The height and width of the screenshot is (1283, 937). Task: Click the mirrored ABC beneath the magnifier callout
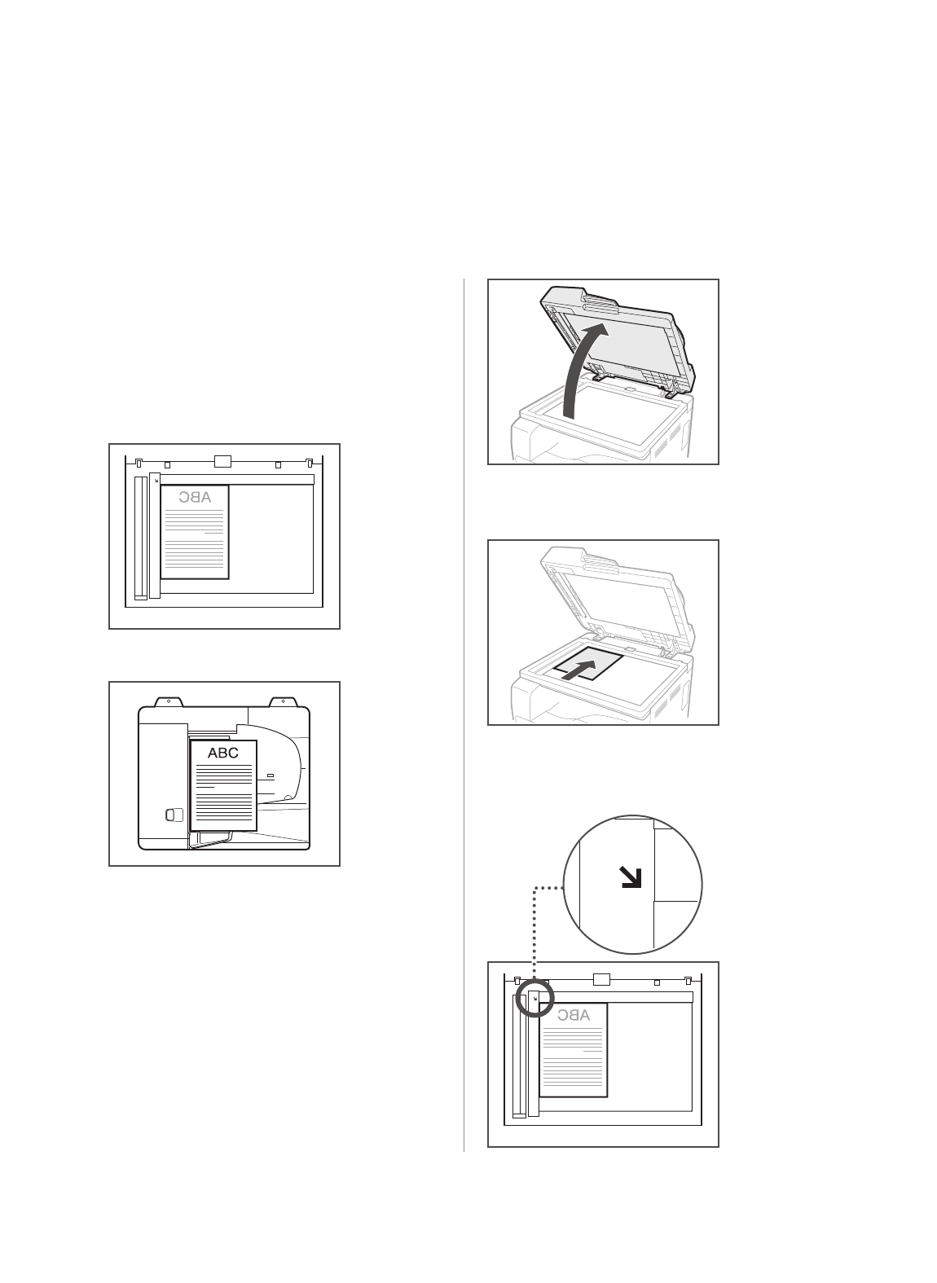574,1015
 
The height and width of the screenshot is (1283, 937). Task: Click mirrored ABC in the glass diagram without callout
195,497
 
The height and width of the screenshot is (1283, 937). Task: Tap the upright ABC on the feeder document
223,753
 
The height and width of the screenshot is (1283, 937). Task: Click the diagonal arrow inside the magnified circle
631,877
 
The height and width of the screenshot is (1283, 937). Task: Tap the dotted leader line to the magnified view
534,929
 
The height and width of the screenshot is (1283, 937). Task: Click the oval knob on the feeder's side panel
169,815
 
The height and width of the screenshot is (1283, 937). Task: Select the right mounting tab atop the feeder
282,701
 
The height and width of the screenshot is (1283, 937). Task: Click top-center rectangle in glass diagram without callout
223,462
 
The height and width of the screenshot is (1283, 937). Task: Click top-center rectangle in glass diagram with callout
601,979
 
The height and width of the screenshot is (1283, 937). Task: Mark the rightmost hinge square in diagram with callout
688,981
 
